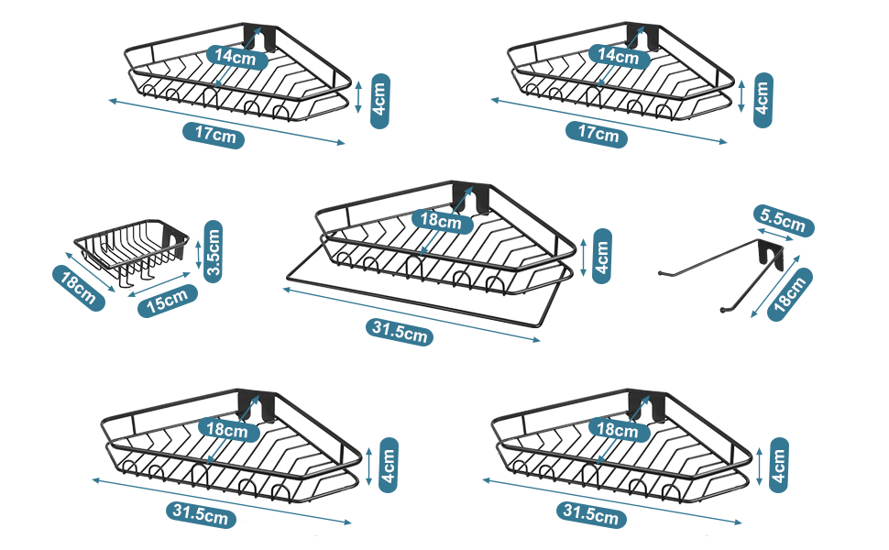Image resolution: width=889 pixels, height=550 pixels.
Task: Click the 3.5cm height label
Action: (x=213, y=251)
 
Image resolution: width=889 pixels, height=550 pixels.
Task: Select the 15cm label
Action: (x=169, y=301)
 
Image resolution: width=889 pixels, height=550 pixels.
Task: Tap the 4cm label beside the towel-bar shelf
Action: (x=602, y=256)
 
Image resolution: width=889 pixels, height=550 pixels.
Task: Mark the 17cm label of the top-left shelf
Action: (x=219, y=134)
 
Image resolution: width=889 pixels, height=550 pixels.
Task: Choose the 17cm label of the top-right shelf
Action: (x=599, y=134)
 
